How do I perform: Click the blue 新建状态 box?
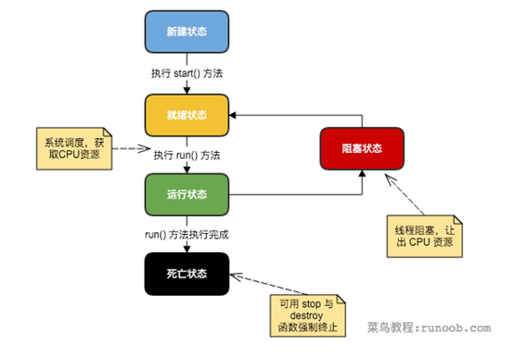[x=187, y=32]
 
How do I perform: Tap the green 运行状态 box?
[x=187, y=196]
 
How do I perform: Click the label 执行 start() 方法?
[x=187, y=73]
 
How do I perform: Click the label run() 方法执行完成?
[x=187, y=235]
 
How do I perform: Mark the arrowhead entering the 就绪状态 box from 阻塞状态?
[x=236, y=114]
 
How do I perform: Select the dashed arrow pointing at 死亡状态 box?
[x=251, y=282]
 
